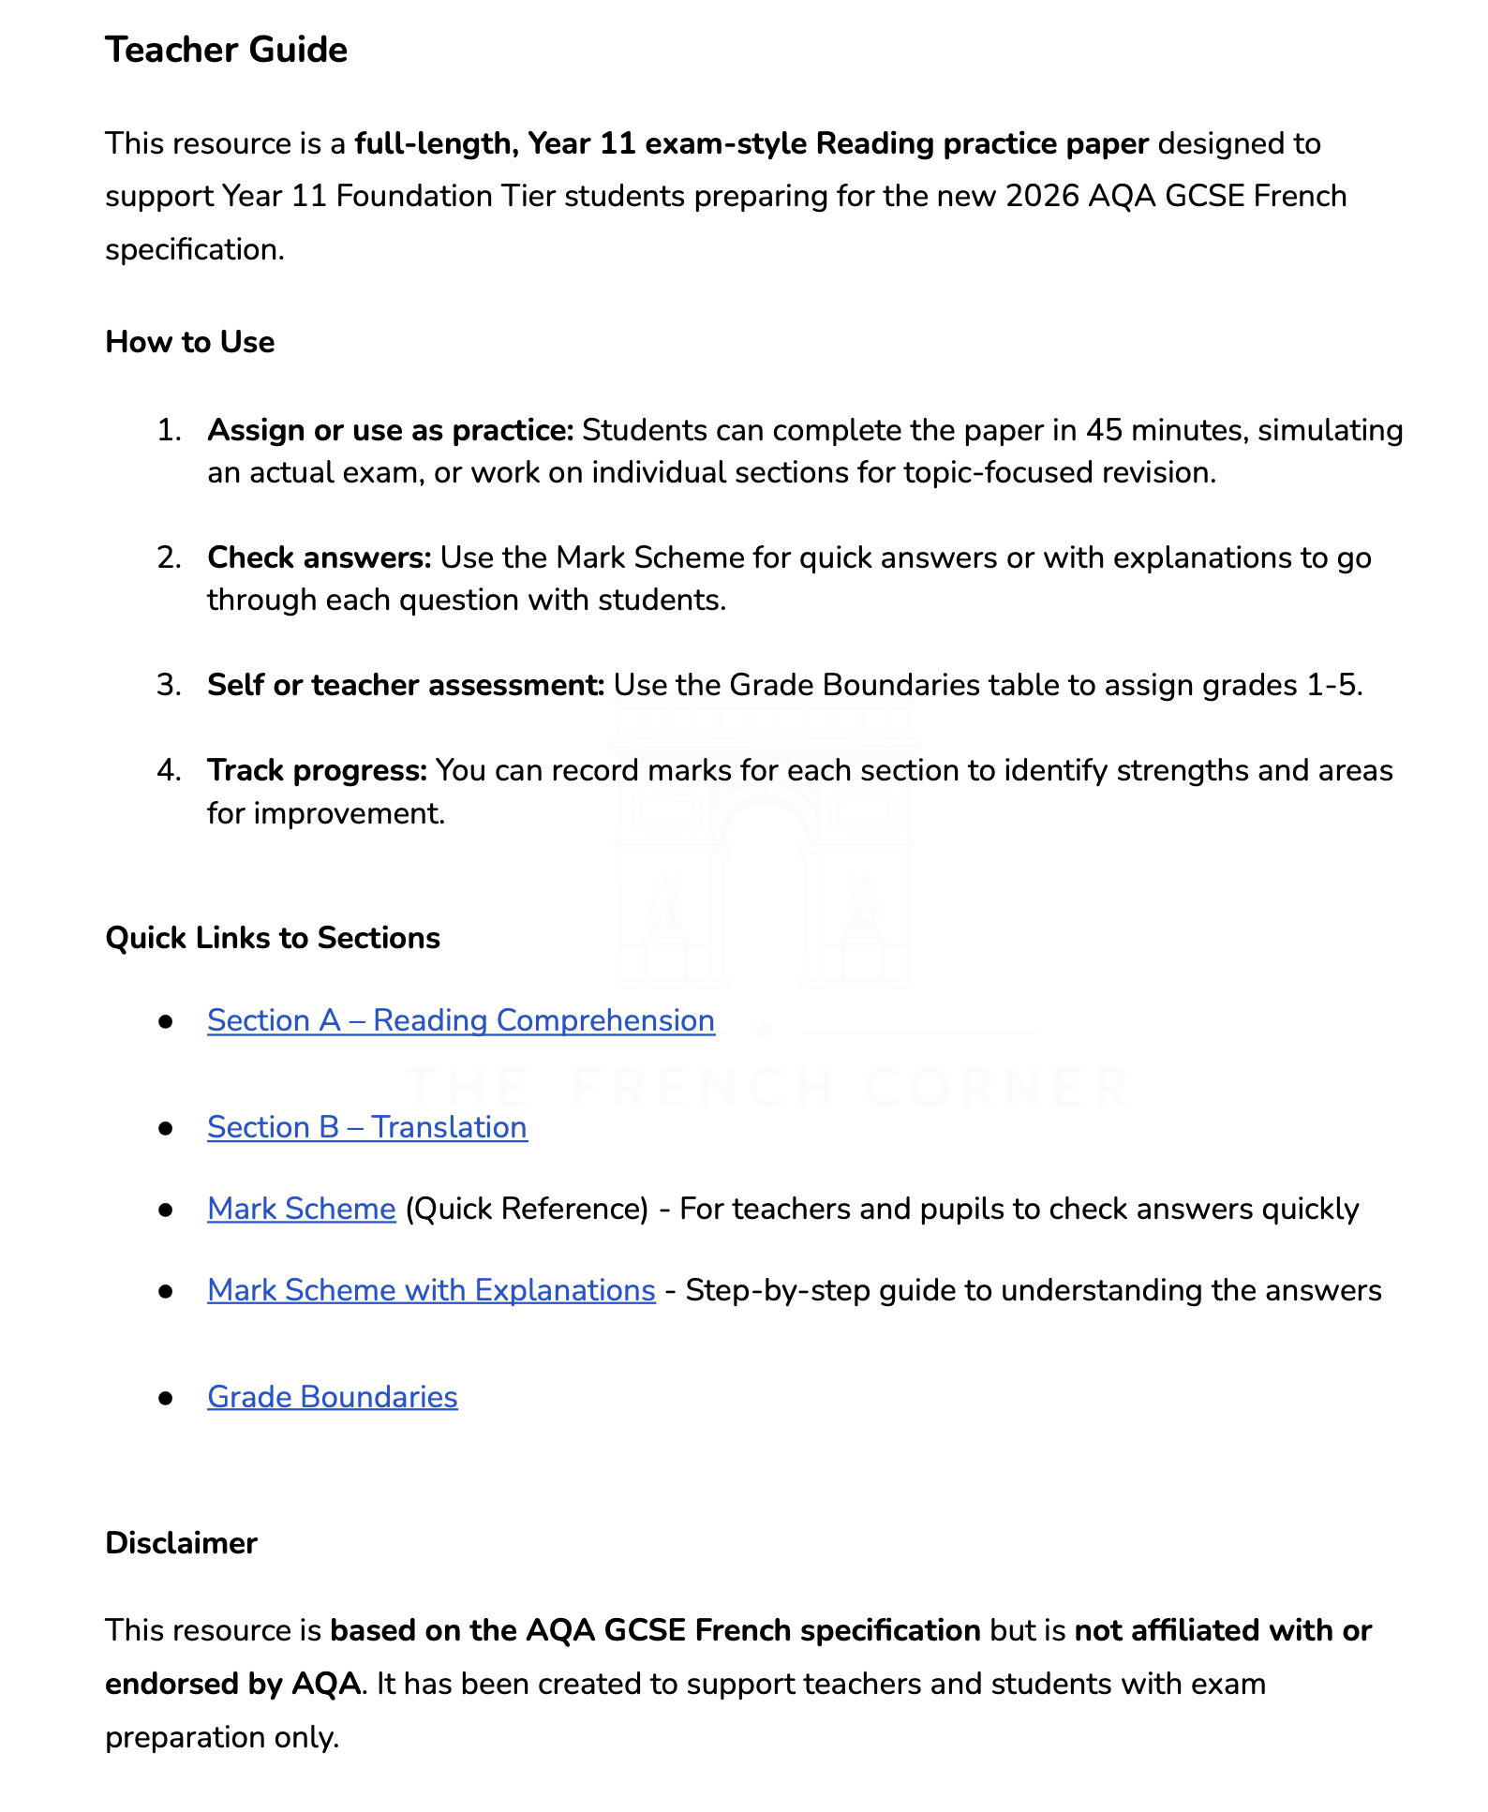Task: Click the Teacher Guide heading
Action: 226,50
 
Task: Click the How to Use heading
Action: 189,342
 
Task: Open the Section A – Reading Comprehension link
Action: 460,1020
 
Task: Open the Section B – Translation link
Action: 366,1127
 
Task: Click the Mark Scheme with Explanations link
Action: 431,1290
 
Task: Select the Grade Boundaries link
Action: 332,1397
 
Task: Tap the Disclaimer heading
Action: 181,1543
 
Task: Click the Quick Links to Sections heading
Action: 273,938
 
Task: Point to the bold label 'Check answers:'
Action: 320,557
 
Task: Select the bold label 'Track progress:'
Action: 317,770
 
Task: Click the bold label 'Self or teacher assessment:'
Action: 406,685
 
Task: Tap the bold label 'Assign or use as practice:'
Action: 390,430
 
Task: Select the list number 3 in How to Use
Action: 169,685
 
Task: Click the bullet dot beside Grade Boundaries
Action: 167,1398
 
